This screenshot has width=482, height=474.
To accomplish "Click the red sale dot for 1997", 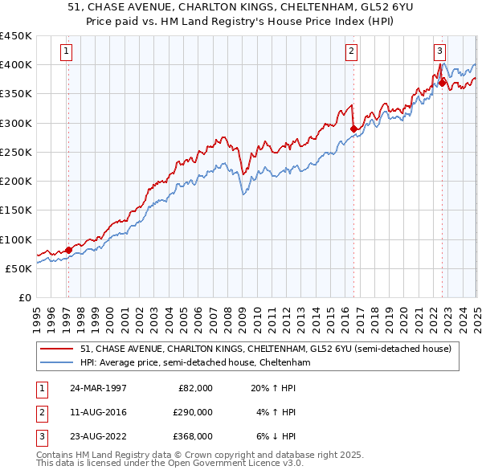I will pos(68,250).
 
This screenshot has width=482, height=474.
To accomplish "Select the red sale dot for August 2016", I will pos(353,129).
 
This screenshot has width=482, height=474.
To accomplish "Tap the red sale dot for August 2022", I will pos(443,82).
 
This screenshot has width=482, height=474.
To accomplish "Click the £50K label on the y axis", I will pos(19,268).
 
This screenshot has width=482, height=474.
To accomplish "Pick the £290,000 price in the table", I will pos(193,412).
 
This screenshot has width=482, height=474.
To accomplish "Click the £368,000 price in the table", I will pos(193,436).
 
